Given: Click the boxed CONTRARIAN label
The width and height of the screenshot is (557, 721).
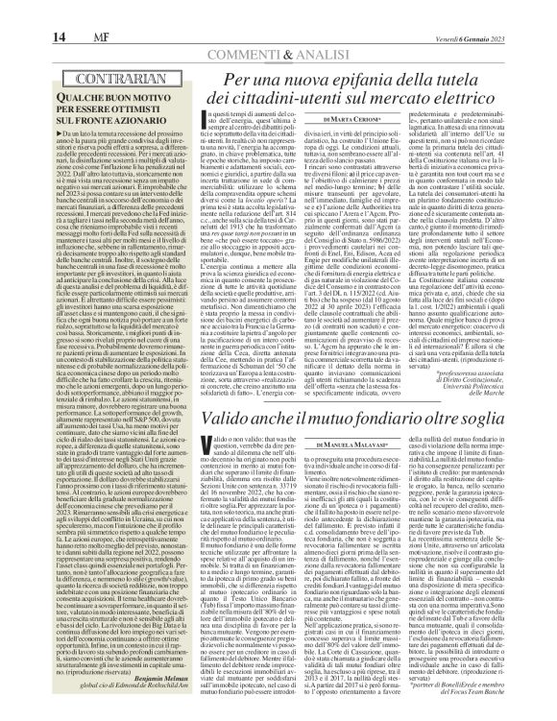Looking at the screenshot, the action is (90, 74).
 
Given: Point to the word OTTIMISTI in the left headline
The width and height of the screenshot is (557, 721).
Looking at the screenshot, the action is (126, 107).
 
